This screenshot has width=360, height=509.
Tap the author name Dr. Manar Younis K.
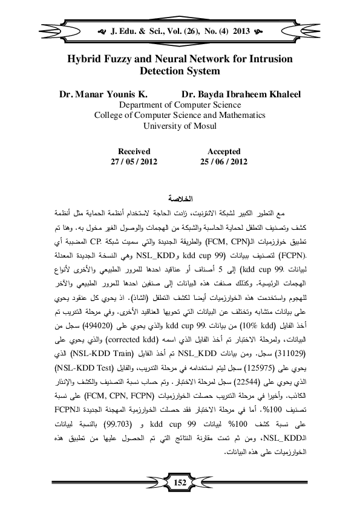point(103,95)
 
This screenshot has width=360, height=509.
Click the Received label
point(134,152)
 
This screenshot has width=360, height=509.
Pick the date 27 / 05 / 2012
point(134,162)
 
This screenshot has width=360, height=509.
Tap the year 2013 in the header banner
point(241,28)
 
